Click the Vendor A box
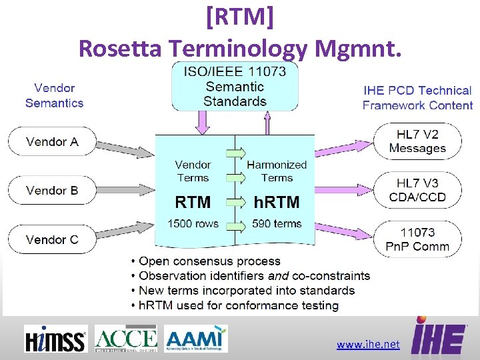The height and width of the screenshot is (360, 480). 52,141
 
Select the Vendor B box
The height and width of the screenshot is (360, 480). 52,190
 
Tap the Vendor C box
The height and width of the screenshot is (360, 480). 52,239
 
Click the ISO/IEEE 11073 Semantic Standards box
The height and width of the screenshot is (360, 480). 235,86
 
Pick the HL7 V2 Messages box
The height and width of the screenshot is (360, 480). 417,141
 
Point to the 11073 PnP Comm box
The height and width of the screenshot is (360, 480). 417,239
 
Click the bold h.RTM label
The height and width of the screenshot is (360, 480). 277,202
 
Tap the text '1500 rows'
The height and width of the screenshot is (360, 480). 193,224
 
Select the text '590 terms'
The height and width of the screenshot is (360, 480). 277,224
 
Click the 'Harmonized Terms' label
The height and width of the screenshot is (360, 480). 277,171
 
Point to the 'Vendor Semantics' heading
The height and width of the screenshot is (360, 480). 55,95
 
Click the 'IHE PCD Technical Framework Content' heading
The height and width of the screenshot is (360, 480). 417,98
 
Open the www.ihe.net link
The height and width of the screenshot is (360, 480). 368,345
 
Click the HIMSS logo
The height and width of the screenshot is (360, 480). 55,339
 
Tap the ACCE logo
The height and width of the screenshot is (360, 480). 126,339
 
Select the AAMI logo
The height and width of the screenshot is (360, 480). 197,339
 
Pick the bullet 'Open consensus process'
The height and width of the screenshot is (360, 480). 209,261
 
